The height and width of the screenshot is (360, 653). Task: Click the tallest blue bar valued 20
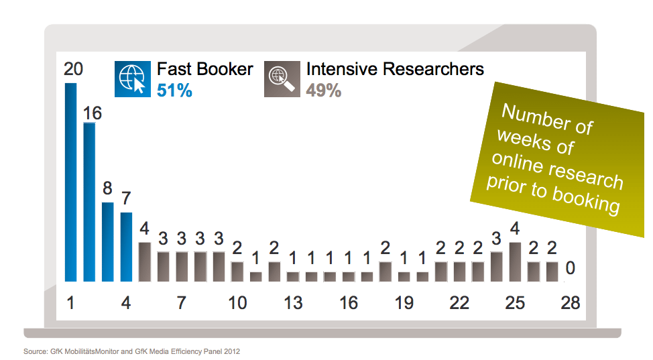(x=71, y=182)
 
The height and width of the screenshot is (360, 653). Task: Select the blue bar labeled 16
(x=89, y=202)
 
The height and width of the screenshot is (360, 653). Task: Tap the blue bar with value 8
(x=108, y=242)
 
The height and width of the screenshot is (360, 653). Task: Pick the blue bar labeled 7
(x=126, y=247)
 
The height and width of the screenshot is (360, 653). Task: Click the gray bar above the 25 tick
(x=515, y=261)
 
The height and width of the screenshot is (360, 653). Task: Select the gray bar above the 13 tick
(x=293, y=277)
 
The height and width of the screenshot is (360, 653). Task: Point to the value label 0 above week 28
(x=571, y=268)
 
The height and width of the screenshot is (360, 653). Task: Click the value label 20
(x=73, y=69)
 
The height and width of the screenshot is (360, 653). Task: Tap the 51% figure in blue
(x=174, y=91)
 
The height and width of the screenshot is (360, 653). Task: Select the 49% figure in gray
(x=324, y=91)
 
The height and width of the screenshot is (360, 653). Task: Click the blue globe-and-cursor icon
(x=133, y=79)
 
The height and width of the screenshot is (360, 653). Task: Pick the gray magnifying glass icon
(x=282, y=79)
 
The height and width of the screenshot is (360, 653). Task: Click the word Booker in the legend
(x=226, y=69)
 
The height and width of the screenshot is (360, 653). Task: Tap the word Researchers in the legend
(x=433, y=69)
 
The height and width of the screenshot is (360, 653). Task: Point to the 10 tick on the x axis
(x=237, y=303)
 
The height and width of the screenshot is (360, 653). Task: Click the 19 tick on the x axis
(x=404, y=303)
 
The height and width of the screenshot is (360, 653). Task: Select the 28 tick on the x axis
(x=570, y=303)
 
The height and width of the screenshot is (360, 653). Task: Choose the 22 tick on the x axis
(x=459, y=303)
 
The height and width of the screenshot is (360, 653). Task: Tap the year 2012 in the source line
(x=232, y=351)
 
